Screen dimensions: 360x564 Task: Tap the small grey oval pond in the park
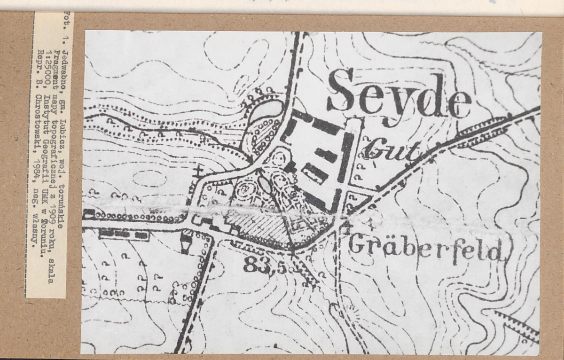[265, 184]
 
